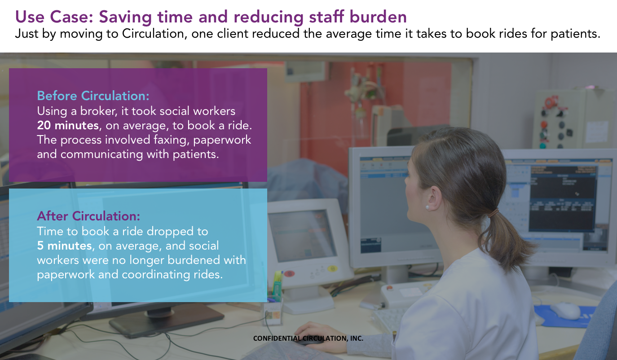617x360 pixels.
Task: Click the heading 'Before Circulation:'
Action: coord(93,96)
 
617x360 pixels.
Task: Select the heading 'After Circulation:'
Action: coord(88,216)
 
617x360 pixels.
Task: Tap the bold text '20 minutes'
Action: coord(68,125)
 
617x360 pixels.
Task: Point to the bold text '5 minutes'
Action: coord(64,246)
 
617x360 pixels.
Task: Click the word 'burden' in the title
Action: coord(378,17)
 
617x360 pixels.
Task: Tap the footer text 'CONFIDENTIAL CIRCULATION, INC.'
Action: coord(308,338)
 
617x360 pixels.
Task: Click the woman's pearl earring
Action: coord(427,207)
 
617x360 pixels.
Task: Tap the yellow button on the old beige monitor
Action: coord(332,268)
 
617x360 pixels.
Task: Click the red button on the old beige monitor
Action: coord(290,273)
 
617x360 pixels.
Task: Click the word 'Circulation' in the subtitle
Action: coord(154,34)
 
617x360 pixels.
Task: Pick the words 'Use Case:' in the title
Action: coord(54,17)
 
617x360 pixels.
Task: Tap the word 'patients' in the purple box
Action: coord(196,154)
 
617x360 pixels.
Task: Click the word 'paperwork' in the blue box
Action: coord(66,275)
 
